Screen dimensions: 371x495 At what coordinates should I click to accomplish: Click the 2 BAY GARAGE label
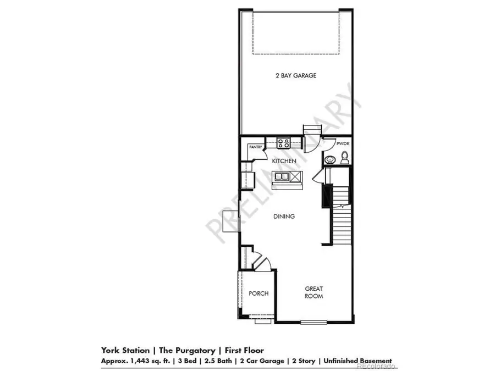coord(296,75)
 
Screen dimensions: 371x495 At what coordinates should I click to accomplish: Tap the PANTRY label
coord(255,147)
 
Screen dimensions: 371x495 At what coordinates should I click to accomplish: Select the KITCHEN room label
coord(284,160)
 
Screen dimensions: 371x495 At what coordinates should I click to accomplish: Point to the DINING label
coord(284,217)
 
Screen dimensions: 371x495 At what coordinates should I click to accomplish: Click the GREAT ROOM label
coord(314,292)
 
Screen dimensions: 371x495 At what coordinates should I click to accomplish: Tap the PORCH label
coord(258,294)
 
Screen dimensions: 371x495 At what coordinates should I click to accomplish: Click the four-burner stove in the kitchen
coord(284,143)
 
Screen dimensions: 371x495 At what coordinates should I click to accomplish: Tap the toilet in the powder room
coord(344,159)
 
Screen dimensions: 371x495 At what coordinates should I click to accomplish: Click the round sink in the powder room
coord(329,160)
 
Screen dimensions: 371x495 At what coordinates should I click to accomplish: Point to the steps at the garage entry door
coord(311,129)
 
